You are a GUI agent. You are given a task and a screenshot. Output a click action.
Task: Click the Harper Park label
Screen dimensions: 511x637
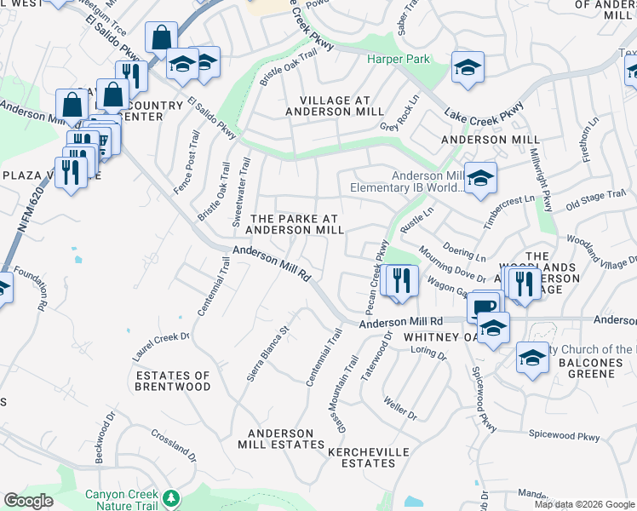399,59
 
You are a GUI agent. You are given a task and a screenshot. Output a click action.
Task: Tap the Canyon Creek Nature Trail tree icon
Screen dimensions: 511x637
172,497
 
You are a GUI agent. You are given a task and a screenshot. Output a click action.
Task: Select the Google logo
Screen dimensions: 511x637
28,501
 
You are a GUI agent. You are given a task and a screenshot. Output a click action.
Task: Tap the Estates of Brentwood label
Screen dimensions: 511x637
173,381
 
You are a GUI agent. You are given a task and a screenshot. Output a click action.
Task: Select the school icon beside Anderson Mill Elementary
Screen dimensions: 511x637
480,179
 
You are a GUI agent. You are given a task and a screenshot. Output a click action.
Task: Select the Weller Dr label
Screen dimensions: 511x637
399,408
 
